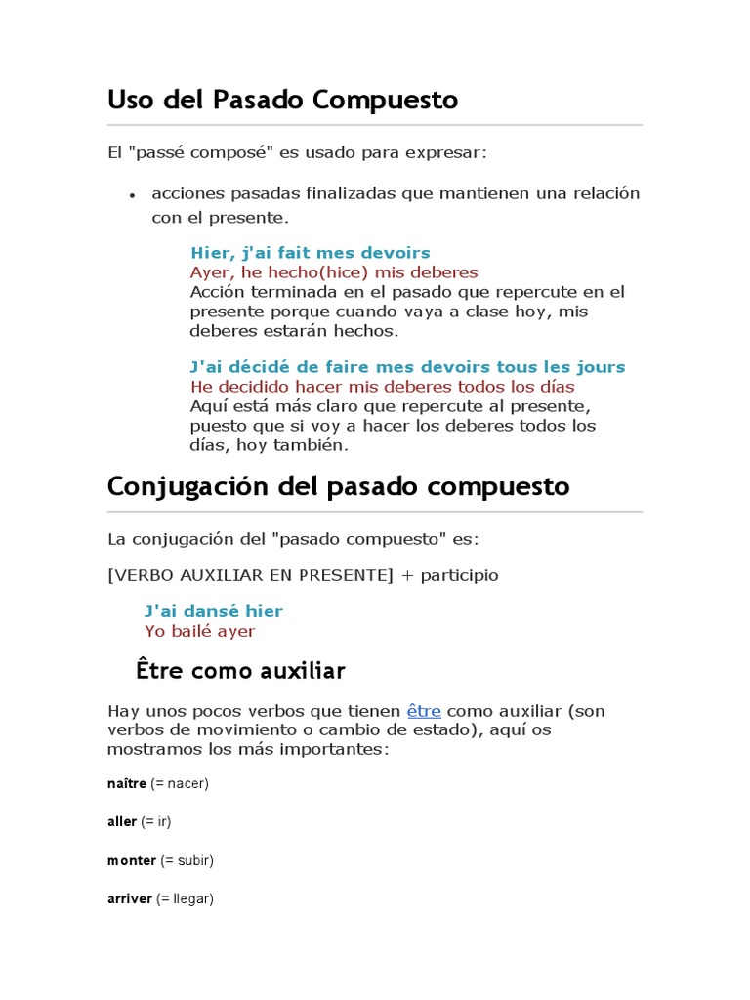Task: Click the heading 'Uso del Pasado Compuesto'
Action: pos(282,100)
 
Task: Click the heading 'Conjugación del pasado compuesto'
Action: pos(338,485)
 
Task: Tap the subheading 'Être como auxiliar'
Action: pos(240,671)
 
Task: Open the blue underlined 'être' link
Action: pos(424,711)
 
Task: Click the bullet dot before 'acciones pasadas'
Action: pos(131,195)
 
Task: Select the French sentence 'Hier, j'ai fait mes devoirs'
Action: pos(311,253)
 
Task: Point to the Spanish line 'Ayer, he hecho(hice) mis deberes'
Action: pos(334,272)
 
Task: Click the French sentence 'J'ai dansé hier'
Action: pos(213,611)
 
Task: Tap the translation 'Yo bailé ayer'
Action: pos(199,631)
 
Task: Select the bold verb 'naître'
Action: pos(126,783)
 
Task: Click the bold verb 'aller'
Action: pos(122,821)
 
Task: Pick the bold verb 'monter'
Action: pos(132,860)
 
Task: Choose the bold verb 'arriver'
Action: pos(130,898)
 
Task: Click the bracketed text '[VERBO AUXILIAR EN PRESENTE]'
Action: pos(250,575)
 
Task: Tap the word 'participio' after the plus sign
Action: pos(459,575)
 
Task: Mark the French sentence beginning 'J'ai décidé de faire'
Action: pos(407,367)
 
